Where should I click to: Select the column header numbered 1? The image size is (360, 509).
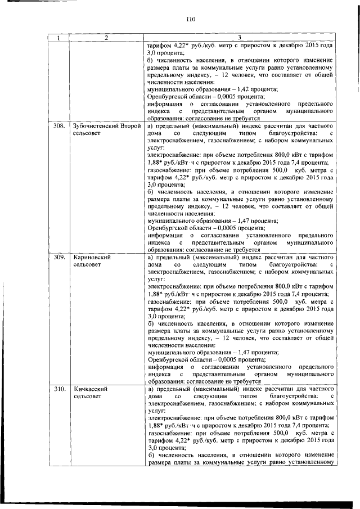click(58, 38)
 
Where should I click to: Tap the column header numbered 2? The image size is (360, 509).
click(105, 38)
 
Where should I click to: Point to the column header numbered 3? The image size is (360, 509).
click(240, 38)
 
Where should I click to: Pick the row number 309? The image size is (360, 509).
click(58, 257)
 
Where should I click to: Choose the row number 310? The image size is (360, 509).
click(58, 389)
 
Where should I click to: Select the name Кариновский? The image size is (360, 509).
click(91, 257)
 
